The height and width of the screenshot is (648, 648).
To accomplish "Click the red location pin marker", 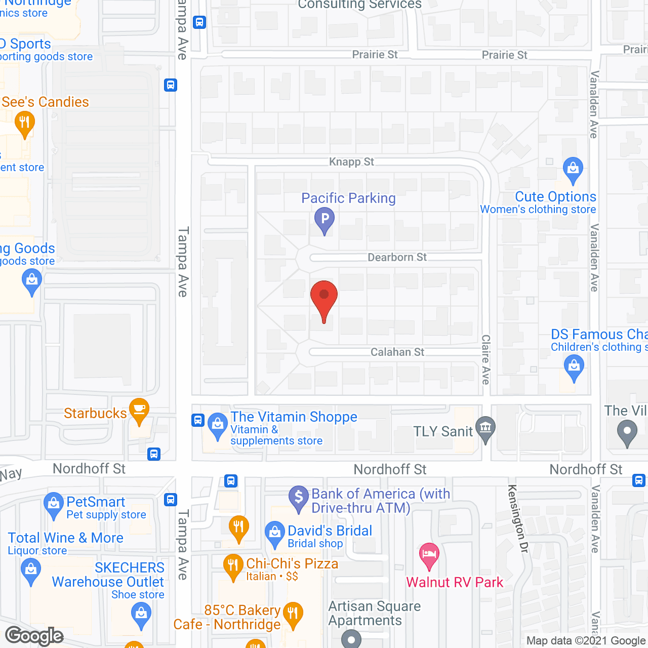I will (x=324, y=296).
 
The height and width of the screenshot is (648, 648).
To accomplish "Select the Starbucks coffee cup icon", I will (x=139, y=409).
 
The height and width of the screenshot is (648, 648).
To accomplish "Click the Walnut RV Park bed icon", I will (x=429, y=554).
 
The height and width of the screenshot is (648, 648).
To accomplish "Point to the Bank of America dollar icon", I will (x=299, y=497).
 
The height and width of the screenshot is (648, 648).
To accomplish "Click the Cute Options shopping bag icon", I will (x=573, y=169).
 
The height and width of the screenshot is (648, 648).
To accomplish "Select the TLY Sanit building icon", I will (x=485, y=428).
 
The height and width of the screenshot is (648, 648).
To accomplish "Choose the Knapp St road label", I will (x=351, y=162).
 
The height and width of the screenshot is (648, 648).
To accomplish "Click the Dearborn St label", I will (x=397, y=257).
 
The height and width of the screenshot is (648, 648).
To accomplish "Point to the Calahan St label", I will (x=397, y=352).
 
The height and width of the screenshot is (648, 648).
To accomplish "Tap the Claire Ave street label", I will (x=486, y=359).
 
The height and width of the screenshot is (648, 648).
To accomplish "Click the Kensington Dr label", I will (x=518, y=518).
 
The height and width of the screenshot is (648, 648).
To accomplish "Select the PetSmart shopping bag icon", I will (x=54, y=504).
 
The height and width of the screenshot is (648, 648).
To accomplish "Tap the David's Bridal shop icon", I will (x=275, y=533).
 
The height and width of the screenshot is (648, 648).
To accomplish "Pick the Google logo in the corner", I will (x=34, y=636).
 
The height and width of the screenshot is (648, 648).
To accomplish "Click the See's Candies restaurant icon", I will (x=24, y=124).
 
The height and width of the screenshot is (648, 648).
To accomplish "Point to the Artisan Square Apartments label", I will (x=375, y=613).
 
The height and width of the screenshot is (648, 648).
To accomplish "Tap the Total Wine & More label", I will (x=66, y=538).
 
